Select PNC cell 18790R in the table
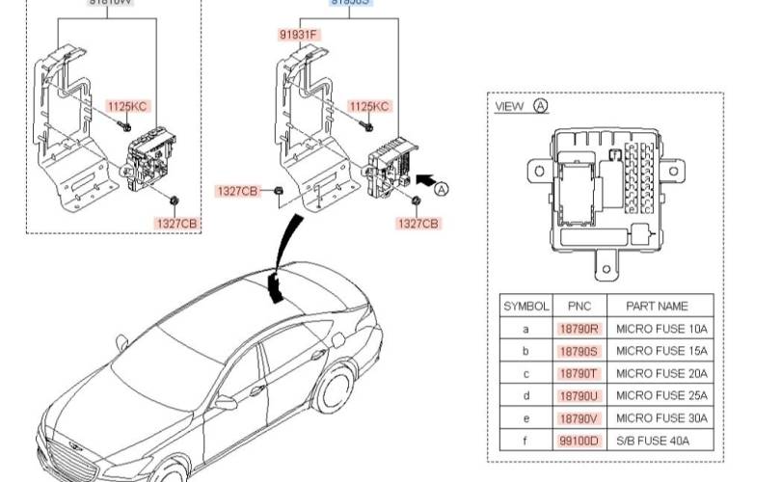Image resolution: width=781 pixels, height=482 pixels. click(579, 329)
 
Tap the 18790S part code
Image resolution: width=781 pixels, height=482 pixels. click(579, 351)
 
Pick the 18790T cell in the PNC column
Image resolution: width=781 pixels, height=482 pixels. click(579, 373)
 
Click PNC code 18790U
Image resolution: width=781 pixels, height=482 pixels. click(579, 395)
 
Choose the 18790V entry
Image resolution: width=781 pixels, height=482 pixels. click(579, 418)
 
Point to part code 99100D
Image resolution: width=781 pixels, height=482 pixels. click(579, 441)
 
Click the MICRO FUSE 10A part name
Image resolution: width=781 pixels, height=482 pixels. click(661, 329)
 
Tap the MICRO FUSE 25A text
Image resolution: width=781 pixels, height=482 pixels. click(661, 395)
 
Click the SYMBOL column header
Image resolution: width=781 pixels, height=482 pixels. click(525, 306)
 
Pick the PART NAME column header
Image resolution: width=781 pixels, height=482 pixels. click(658, 306)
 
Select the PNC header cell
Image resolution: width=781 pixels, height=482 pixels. click(579, 306)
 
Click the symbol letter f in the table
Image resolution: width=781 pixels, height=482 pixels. click(525, 441)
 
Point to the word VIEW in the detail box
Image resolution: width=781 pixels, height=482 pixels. click(510, 106)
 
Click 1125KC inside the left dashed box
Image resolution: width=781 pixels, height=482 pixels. click(127, 106)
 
